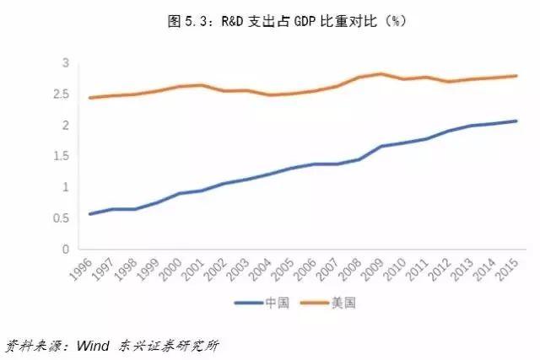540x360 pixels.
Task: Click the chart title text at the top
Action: pos(269,19)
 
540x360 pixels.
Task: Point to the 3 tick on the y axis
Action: pos(64,63)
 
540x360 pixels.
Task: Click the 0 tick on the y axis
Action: pos(64,250)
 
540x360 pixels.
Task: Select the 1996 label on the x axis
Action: pos(83,271)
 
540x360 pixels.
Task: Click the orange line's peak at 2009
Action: pos(381,73)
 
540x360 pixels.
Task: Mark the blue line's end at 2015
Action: pos(516,121)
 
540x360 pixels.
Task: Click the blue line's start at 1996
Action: pos(89,214)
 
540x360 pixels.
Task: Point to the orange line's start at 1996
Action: pos(89,98)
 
